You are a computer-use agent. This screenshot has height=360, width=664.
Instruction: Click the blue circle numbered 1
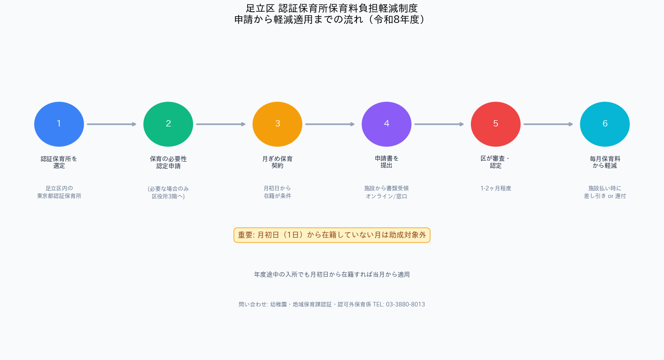tap(59, 124)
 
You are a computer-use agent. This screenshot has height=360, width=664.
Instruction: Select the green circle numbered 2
tap(168, 124)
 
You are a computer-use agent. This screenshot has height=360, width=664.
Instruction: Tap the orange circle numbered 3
tap(277, 124)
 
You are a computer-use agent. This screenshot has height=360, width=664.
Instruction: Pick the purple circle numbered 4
tap(387, 124)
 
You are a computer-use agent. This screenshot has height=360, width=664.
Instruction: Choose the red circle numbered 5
tap(496, 124)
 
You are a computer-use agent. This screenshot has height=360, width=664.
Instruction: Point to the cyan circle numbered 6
tap(605, 124)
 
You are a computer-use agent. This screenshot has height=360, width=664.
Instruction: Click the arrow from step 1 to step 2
tap(112, 124)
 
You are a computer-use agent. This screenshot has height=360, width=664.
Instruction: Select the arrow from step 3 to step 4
tap(330, 124)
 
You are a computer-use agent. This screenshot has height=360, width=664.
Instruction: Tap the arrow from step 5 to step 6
tap(548, 124)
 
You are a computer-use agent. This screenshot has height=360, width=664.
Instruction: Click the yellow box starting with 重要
tap(332, 235)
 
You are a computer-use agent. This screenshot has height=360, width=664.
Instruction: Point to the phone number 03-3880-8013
tap(405, 304)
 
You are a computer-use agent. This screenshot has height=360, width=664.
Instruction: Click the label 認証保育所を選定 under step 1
tap(59, 162)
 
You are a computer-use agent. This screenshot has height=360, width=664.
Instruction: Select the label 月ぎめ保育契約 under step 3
tap(277, 162)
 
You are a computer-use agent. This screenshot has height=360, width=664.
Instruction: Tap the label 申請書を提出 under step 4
tap(387, 162)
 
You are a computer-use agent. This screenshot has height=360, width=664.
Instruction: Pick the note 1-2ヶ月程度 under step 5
tap(496, 188)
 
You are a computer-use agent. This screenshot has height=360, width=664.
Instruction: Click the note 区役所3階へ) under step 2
tap(168, 196)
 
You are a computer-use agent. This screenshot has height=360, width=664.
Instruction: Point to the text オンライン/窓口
tap(387, 196)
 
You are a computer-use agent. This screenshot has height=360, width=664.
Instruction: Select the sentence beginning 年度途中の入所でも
tap(332, 274)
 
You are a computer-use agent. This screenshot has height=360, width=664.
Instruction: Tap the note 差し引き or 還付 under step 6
tap(605, 196)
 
